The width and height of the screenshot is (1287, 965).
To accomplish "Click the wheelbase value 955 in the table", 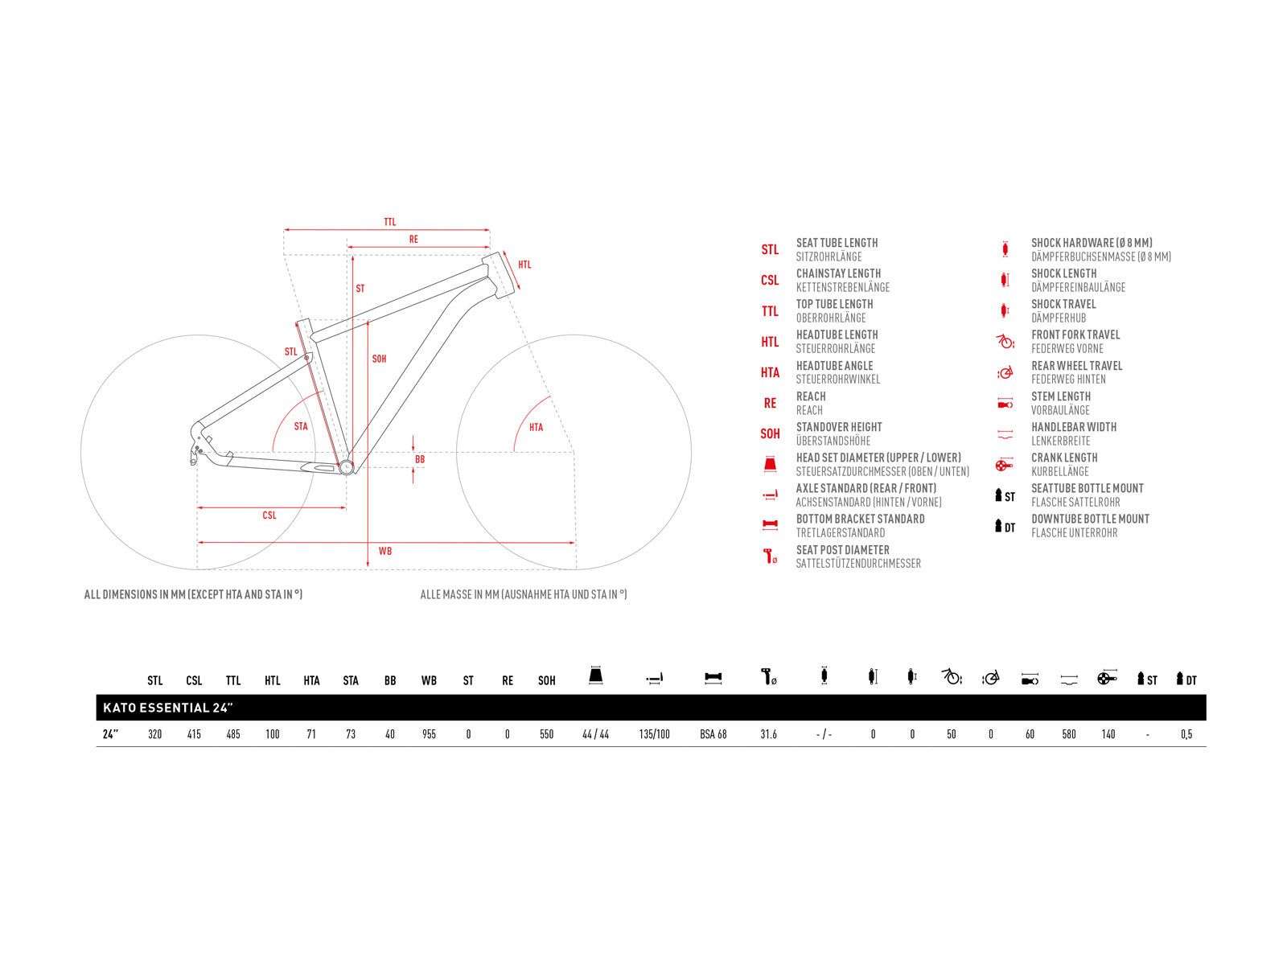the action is point(429,733).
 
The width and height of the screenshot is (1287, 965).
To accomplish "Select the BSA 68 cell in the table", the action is point(713,733).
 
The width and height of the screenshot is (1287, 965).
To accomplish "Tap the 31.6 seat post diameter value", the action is point(768,733).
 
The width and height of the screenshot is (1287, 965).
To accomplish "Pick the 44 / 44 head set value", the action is point(595,733).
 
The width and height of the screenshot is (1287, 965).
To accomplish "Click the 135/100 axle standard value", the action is point(654,733).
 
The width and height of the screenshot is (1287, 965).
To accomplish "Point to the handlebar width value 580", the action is point(1068,733).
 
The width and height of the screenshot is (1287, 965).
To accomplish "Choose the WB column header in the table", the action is point(429,680).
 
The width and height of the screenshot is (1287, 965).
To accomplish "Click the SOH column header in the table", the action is point(546,680).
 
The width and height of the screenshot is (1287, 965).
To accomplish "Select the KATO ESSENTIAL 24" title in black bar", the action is point(167,707).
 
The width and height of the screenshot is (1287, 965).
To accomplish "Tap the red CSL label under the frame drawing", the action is point(269,515).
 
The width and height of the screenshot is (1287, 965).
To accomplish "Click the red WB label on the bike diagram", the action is point(384,551).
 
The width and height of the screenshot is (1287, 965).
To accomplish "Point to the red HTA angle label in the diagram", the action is point(536,427).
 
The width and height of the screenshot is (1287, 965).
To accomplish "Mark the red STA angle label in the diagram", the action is point(301,426).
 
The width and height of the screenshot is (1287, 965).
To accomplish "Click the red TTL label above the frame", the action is point(390,222).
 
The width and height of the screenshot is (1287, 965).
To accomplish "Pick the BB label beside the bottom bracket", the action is point(420,459).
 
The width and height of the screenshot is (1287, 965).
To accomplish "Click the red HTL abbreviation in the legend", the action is point(770,342).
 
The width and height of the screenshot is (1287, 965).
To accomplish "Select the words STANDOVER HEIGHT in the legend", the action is point(838,427).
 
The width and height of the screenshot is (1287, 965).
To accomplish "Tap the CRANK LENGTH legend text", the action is point(1064,458).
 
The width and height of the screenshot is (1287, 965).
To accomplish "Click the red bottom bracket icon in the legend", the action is point(770,524).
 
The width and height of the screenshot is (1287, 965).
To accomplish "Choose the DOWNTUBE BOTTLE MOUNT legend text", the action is point(1090,519).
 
